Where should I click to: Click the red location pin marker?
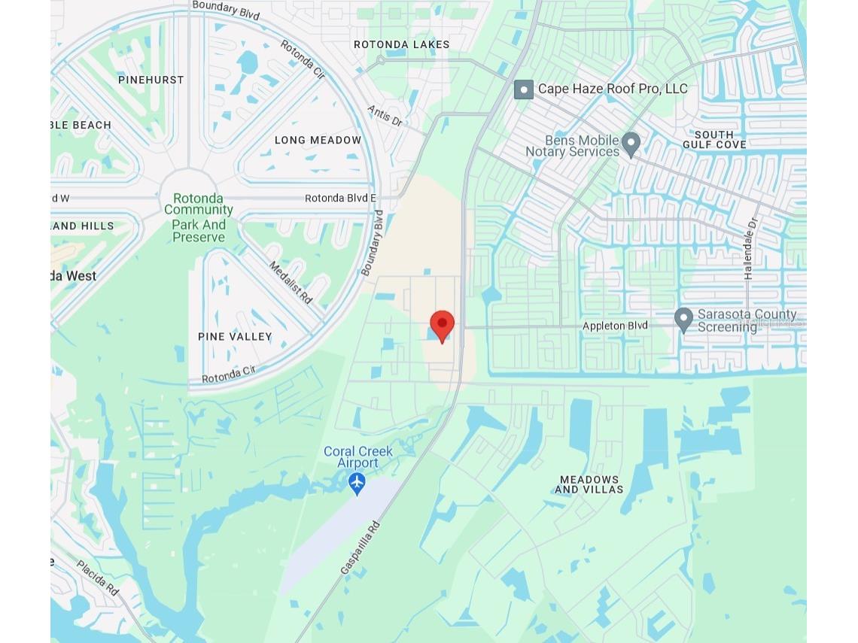[442, 326]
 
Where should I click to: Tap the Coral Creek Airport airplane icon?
[357, 482]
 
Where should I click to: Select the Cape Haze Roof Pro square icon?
[524, 89]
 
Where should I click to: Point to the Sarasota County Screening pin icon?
[683, 319]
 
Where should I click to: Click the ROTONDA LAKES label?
[401, 44]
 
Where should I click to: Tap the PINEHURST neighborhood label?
[151, 80]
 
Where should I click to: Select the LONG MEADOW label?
[318, 140]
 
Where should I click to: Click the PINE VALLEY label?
[235, 336]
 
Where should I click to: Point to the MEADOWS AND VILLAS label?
[589, 484]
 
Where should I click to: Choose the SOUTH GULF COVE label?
[714, 139]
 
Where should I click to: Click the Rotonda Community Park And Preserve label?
[199, 218]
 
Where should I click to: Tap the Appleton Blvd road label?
[615, 326]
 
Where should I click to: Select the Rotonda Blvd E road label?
[340, 199]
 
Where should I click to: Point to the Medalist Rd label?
[291, 283]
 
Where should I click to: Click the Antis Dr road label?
[385, 116]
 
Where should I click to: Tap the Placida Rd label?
[97, 578]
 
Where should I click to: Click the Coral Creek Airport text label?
[358, 456]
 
